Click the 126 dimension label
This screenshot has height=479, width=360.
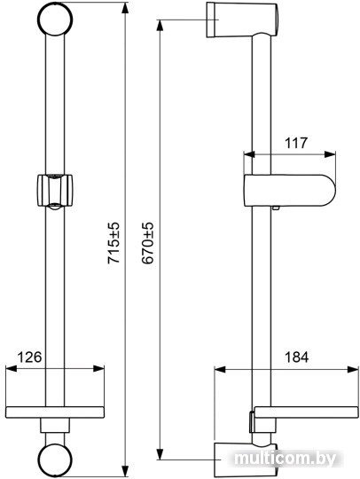tap(29, 357)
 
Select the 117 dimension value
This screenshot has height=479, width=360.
tap(296, 143)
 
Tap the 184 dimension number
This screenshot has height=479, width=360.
tap(296, 357)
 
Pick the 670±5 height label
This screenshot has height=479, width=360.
tap(147, 243)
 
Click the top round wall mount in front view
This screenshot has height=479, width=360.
tap(55, 19)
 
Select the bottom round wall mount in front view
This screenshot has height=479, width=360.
tap(55, 459)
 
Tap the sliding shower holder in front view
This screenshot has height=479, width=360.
tap(55, 192)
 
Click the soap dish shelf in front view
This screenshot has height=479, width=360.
tap(55, 412)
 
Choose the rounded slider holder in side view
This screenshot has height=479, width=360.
tap(289, 191)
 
